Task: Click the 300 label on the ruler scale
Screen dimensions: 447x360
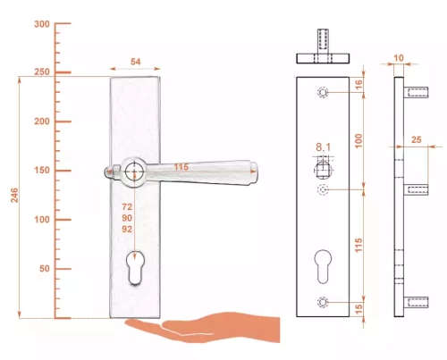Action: coord(42,24)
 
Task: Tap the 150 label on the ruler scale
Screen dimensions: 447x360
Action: coord(42,171)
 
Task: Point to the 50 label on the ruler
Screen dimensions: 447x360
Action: coord(45,269)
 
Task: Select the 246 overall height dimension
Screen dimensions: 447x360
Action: coord(14,196)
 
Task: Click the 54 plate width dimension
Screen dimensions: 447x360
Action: coord(135,62)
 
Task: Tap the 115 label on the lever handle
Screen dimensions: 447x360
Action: coord(181,167)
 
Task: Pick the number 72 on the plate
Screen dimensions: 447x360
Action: coord(127,206)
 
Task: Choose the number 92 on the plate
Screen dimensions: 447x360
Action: coord(127,229)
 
